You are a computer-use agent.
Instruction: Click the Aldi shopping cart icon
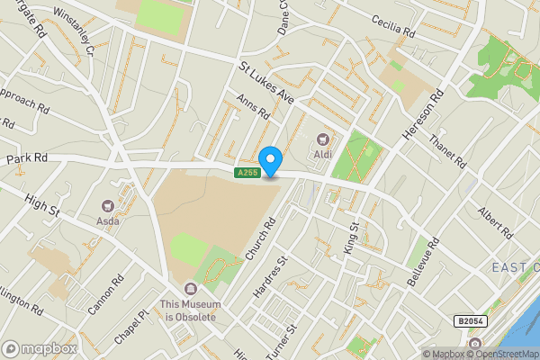pyautogui.click(x=322, y=139)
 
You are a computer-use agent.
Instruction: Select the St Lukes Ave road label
pyautogui.click(x=266, y=83)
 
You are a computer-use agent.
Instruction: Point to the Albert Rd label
pyautogui.click(x=496, y=221)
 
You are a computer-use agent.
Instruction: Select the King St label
pyautogui.click(x=353, y=238)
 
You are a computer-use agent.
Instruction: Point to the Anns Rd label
pyautogui.click(x=253, y=109)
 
